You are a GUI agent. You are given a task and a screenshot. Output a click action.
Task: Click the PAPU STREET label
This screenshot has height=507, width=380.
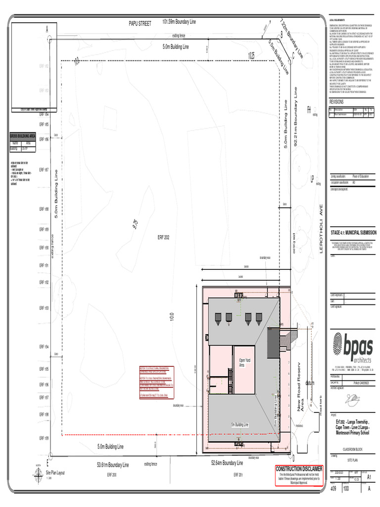click(140, 23)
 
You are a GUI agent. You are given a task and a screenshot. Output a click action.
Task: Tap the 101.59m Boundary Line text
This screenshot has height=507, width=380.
click(179, 22)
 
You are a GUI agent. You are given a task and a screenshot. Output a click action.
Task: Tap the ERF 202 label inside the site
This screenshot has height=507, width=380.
click(163, 238)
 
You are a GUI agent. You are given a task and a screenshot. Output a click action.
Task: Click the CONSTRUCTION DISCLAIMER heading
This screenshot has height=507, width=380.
click(299, 469)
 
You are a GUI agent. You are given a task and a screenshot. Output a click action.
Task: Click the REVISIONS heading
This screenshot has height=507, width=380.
click(339, 101)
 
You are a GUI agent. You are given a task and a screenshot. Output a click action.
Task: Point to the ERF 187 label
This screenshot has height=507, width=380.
click(44, 169)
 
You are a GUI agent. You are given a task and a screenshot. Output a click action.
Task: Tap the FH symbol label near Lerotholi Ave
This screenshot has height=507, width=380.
click(309, 109)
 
